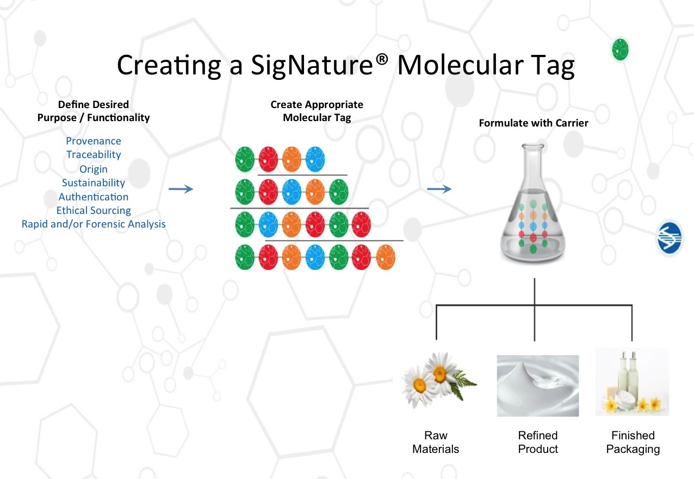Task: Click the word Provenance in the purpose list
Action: point(94,141)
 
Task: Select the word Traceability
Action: point(94,155)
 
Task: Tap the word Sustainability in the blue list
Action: point(94,183)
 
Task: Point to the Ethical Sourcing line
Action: point(94,211)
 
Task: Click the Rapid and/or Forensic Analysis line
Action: point(94,224)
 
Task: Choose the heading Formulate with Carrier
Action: point(534,123)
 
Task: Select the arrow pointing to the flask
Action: point(439,189)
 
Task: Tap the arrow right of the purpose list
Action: point(181,189)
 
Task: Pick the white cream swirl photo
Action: point(538,386)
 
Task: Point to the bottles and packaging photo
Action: point(632,382)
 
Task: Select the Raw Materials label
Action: point(436,443)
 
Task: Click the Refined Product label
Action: point(538,443)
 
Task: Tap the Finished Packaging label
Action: point(633,443)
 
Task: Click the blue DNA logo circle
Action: point(670,238)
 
